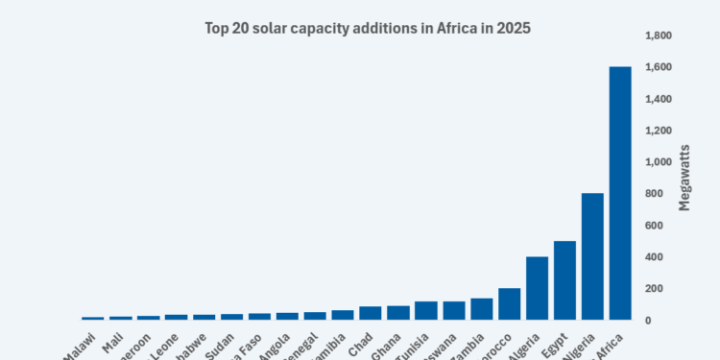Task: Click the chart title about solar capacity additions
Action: point(368,29)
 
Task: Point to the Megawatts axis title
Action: point(684,178)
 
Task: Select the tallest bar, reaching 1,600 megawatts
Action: point(620,193)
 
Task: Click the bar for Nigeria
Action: point(592,256)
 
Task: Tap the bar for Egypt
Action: point(564,280)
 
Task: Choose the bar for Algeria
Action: point(537,288)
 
